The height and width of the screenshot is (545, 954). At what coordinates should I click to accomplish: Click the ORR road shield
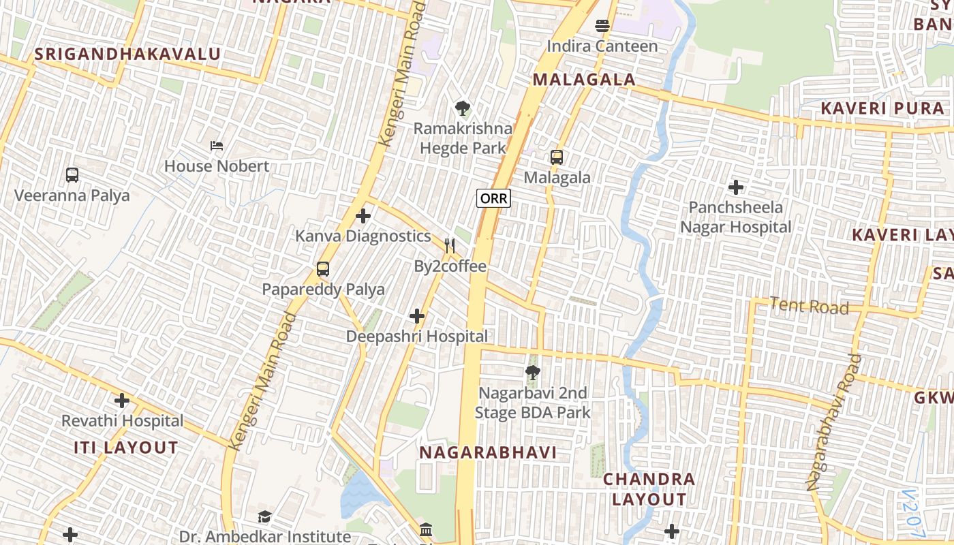tap(493, 198)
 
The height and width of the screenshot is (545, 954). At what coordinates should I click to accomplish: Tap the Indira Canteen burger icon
tap(602, 27)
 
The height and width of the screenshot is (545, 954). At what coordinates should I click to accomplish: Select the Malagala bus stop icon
tap(557, 157)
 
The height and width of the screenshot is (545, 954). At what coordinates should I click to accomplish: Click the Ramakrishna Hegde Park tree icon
tap(463, 108)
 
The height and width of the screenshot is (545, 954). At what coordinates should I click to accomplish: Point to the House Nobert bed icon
tap(217, 146)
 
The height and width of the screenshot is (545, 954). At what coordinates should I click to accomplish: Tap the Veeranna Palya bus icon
tap(72, 175)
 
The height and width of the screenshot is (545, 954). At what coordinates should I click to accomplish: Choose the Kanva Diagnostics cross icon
tap(363, 217)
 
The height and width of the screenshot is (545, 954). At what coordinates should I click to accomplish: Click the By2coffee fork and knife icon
tap(450, 246)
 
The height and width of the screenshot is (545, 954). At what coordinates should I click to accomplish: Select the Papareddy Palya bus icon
tap(323, 269)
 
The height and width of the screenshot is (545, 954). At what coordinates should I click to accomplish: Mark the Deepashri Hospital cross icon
tap(417, 316)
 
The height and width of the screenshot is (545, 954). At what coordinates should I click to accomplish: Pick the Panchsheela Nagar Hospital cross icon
tap(736, 187)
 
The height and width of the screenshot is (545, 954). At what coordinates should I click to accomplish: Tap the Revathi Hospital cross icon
tap(122, 401)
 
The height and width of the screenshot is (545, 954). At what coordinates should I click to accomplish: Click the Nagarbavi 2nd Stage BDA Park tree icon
tap(533, 373)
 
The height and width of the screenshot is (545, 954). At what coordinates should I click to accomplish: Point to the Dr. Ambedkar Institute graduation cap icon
tap(265, 516)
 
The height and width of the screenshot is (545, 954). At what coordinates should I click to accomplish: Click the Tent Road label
tap(809, 306)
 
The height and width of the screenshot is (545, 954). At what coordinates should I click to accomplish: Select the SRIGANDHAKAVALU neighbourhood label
tap(127, 54)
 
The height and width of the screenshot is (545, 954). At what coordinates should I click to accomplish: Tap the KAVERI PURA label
tap(882, 108)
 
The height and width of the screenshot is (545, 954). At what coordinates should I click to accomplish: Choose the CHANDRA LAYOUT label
tap(649, 489)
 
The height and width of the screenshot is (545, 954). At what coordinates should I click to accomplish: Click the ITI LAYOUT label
tap(126, 448)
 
